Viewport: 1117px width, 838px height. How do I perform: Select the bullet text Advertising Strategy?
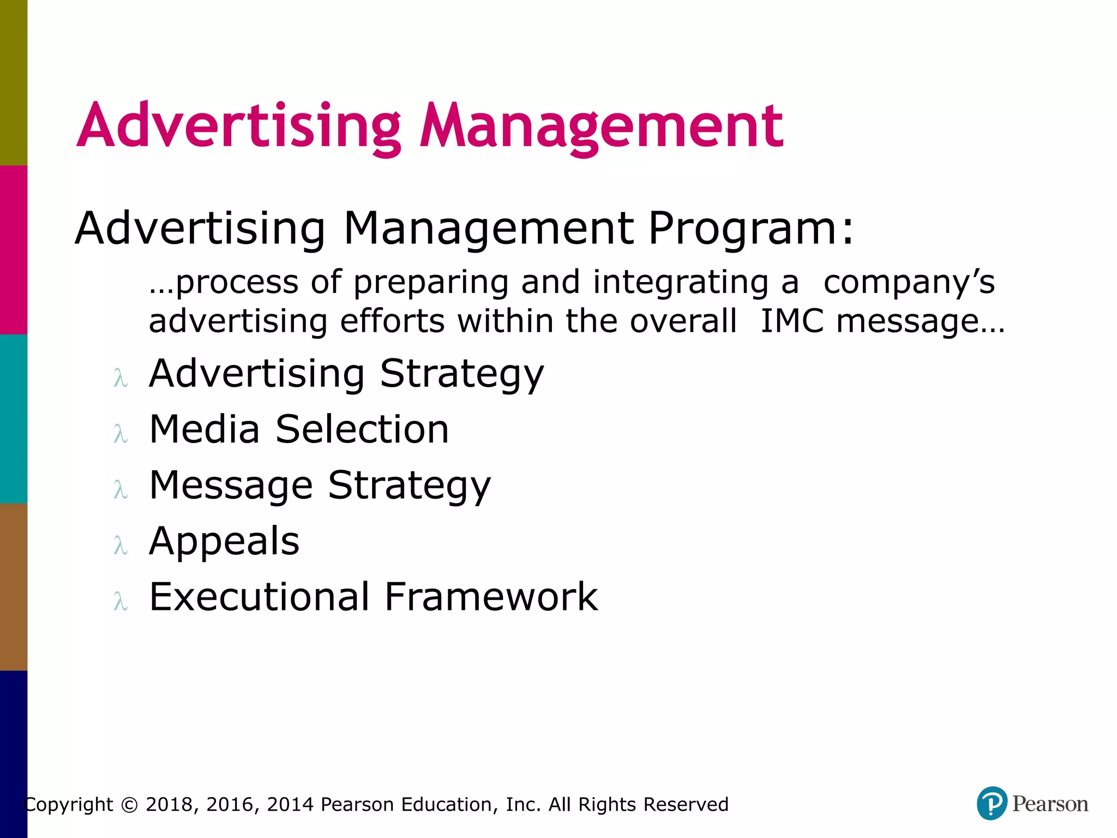point(346,374)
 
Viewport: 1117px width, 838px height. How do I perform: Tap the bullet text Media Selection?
point(299,429)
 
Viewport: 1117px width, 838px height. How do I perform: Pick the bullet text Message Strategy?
point(320,486)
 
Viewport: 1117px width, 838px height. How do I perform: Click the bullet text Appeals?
point(224,541)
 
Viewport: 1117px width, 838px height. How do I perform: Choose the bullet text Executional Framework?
point(374,597)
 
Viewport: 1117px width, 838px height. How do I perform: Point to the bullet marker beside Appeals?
point(121,545)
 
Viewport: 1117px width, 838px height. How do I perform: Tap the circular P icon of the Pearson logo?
point(992,803)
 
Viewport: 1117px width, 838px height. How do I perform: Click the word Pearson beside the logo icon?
point(1050,804)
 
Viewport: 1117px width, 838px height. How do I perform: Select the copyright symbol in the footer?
point(129,805)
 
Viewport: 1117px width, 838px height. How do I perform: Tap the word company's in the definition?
point(909,283)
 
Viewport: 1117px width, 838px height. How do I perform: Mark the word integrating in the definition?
point(681,283)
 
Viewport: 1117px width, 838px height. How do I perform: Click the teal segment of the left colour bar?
point(13,418)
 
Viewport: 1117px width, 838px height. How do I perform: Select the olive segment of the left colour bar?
point(13,82)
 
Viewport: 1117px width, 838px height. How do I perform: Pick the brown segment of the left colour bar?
point(13,586)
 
